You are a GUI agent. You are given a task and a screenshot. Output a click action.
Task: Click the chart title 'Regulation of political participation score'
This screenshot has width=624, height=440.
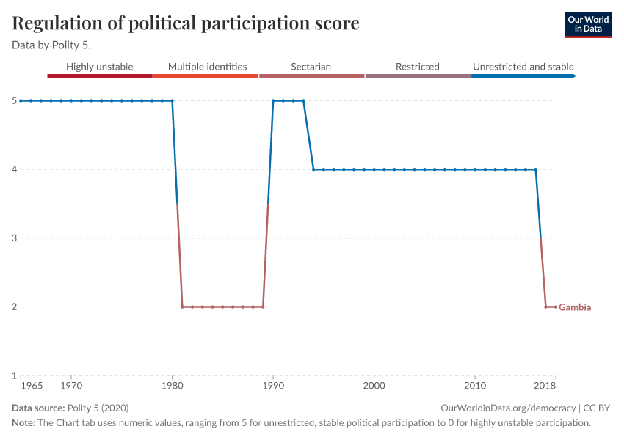pyautogui.click(x=186, y=23)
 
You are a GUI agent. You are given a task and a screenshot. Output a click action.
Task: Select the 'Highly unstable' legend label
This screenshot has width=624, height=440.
pyautogui.click(x=100, y=67)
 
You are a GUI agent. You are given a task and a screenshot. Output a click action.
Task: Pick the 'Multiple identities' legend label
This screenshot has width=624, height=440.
pyautogui.click(x=207, y=67)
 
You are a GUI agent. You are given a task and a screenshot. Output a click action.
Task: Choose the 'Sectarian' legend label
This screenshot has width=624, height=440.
pyautogui.click(x=311, y=67)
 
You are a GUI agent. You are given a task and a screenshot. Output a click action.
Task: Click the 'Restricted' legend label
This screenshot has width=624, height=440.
pyautogui.click(x=417, y=67)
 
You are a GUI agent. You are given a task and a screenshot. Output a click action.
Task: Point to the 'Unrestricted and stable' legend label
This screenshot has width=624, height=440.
pyautogui.click(x=523, y=67)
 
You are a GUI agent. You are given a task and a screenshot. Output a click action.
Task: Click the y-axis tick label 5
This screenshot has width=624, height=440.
pyautogui.click(x=13, y=100)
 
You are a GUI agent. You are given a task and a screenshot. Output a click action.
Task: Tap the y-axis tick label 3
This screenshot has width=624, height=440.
pyautogui.click(x=13, y=238)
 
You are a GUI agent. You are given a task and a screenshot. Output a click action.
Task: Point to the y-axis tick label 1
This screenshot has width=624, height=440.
pyautogui.click(x=13, y=375)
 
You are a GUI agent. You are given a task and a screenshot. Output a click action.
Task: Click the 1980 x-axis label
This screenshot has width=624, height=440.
pyautogui.click(x=172, y=384)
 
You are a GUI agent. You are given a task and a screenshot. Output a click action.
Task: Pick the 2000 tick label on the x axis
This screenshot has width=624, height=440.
pyautogui.click(x=374, y=384)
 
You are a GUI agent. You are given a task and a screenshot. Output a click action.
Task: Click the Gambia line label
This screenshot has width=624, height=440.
pyautogui.click(x=575, y=307)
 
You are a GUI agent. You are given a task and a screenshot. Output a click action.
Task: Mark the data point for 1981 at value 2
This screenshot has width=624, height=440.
pyautogui.click(x=182, y=307)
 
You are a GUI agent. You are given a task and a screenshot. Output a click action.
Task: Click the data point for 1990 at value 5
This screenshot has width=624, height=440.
pyautogui.click(x=273, y=100)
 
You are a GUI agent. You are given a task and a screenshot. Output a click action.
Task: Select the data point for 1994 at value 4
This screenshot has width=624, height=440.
pyautogui.click(x=313, y=169)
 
